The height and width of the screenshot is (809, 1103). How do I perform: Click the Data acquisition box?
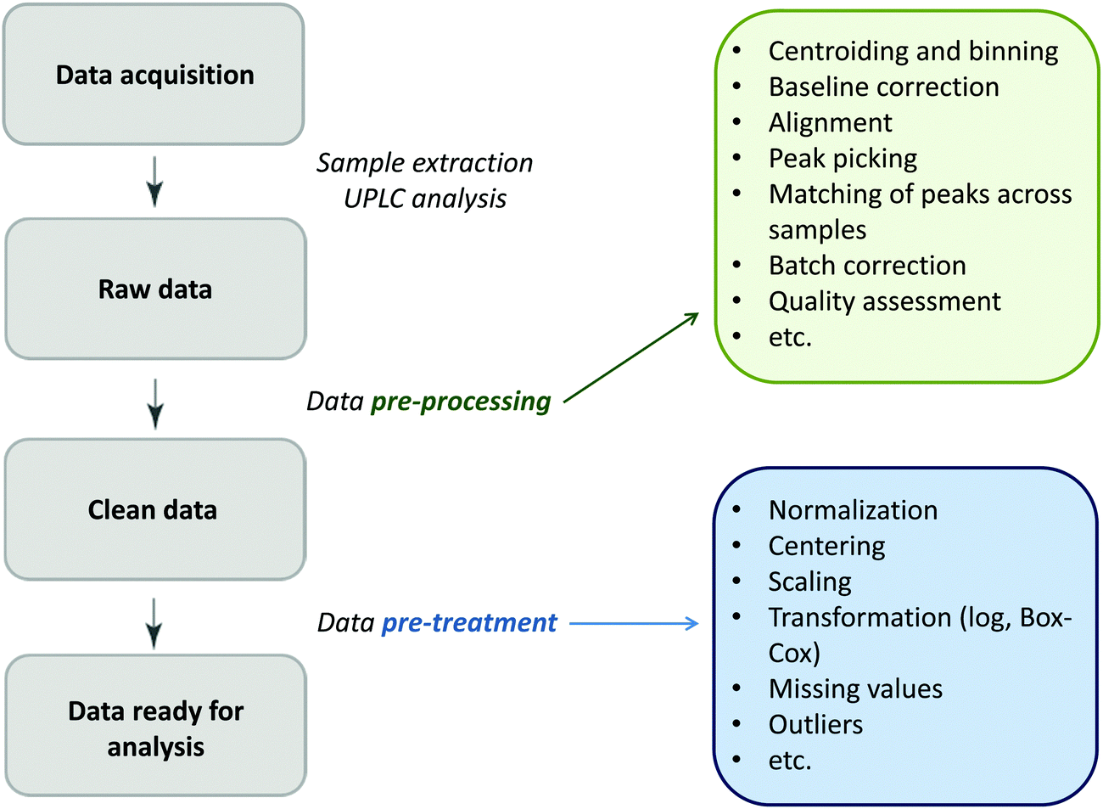click(154, 76)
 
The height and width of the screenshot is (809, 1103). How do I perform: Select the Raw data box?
click(155, 289)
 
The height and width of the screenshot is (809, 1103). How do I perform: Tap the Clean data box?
click(154, 510)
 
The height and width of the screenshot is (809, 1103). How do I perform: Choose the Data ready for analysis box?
click(155, 728)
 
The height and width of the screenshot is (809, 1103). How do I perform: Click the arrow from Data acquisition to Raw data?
click(154, 181)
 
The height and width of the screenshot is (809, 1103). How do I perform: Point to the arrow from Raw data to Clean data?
click(154, 402)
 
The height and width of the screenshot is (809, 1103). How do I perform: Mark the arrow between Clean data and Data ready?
click(154, 622)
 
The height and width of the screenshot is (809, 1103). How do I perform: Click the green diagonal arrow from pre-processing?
click(631, 357)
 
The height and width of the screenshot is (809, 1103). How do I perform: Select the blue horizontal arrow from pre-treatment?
click(633, 624)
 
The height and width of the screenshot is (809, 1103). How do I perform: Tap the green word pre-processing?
click(461, 402)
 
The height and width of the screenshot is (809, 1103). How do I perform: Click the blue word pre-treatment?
click(469, 623)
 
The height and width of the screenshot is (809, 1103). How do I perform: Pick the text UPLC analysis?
click(425, 199)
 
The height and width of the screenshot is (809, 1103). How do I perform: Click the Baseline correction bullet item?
click(883, 87)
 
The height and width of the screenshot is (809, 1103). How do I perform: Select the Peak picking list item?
click(843, 159)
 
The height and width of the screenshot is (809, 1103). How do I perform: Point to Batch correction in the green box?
click(867, 266)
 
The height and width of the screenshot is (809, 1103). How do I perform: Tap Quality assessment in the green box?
click(884, 301)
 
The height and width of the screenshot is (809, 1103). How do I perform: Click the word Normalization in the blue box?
click(853, 510)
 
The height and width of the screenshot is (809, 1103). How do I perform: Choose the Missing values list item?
click(855, 688)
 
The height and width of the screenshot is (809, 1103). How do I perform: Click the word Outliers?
click(815, 725)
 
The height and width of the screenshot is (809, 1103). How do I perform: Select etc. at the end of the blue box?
click(790, 761)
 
